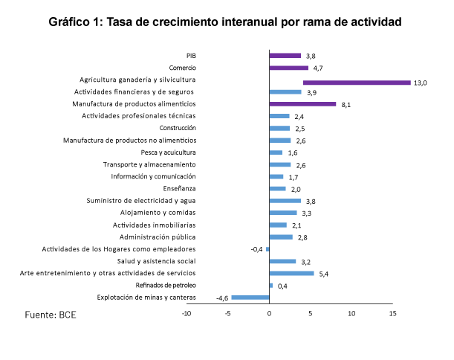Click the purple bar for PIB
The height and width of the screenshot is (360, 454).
[285, 55]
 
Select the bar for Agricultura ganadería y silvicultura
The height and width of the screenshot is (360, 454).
[357, 82]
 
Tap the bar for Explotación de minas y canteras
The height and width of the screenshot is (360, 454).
[250, 298]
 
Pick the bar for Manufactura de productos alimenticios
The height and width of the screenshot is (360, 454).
[302, 104]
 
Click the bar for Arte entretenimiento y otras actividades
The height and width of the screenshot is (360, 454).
[291, 273]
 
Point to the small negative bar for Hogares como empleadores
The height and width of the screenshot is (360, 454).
[267, 249]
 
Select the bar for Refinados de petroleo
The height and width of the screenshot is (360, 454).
[271, 286]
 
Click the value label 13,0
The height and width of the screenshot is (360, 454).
[420, 83]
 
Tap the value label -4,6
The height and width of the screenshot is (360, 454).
[221, 298]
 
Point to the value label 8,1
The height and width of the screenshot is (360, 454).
[346, 105]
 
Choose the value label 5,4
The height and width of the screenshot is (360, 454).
[323, 274]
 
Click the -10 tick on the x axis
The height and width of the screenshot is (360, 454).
[187, 314]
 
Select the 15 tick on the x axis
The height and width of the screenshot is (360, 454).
[392, 314]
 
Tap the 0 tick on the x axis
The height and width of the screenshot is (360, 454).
[269, 314]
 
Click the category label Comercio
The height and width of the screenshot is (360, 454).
[183, 67]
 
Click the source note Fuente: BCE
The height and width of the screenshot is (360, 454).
[51, 315]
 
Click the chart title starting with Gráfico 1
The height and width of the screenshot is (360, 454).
[225, 22]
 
